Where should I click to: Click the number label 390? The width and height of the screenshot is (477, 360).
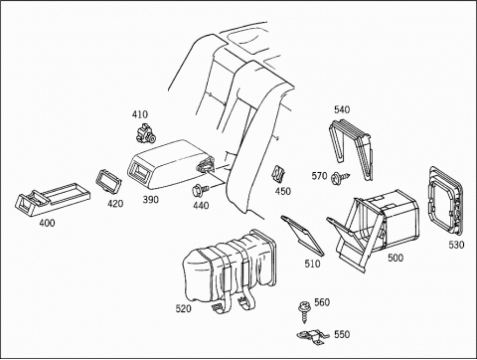151,200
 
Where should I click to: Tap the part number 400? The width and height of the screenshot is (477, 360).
47,223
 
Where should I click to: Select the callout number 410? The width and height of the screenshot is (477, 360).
140,114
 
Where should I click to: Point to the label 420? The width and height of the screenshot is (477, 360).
115,204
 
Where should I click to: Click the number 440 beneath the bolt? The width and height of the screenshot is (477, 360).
201,206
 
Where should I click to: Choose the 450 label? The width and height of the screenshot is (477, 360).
283,191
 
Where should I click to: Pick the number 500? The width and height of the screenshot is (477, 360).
396,258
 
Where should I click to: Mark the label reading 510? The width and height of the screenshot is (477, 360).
313,264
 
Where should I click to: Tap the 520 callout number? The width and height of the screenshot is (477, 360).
183,309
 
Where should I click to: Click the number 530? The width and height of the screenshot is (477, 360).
456,245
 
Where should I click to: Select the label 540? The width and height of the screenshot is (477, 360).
342,109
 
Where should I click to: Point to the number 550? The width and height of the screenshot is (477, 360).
342,334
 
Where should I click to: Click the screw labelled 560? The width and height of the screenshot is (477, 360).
303,311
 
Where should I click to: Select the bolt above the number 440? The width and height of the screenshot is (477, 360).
200,190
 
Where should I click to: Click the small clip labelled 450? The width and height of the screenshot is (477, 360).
278,174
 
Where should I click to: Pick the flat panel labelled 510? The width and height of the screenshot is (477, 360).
302,236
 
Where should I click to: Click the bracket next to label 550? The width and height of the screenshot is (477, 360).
312,337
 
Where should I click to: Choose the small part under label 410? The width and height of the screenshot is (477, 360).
146,132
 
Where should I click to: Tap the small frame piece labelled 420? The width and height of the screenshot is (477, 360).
108,181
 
